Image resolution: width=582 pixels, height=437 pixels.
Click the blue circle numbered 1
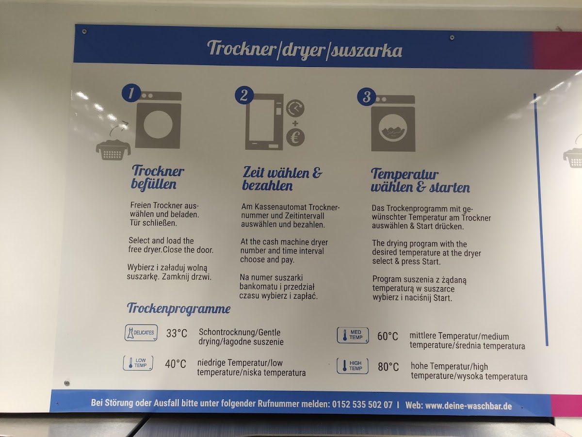[131, 93]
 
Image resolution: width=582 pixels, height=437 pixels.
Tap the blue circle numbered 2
[244, 95]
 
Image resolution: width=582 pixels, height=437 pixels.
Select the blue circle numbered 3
[367, 96]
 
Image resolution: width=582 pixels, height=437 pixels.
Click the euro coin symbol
[295, 137]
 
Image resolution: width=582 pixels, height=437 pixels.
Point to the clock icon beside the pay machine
[295, 108]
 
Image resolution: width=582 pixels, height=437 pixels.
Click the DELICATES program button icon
[141, 333]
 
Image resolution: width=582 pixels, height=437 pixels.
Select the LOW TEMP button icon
[138, 363]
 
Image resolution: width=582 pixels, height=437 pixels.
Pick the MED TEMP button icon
[353, 335]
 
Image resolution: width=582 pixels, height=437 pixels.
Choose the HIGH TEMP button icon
[353, 366]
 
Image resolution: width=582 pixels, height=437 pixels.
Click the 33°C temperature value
[177, 333]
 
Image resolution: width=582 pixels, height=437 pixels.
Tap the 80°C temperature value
[388, 367]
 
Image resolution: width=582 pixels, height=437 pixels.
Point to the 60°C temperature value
[388, 336]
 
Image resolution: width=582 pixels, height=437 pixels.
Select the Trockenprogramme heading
[178, 308]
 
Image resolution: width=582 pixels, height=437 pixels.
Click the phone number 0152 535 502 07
[362, 405]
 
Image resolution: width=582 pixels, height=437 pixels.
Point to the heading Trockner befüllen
[158, 177]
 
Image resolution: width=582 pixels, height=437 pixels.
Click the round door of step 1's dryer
[158, 124]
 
